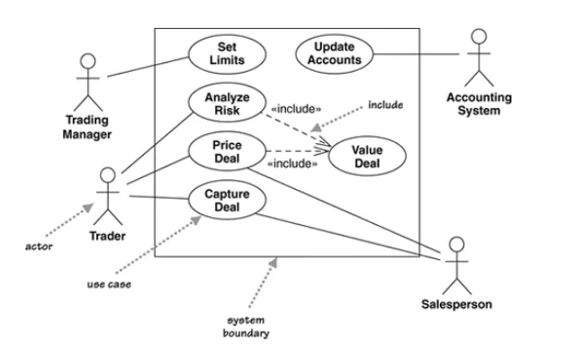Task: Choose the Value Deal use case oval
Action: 366,157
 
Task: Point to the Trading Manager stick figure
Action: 87,79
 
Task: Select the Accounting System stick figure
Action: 479,56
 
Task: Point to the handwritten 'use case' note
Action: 106,284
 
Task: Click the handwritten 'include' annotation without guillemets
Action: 386,105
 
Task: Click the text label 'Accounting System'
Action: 479,103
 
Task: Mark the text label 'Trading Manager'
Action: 87,127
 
